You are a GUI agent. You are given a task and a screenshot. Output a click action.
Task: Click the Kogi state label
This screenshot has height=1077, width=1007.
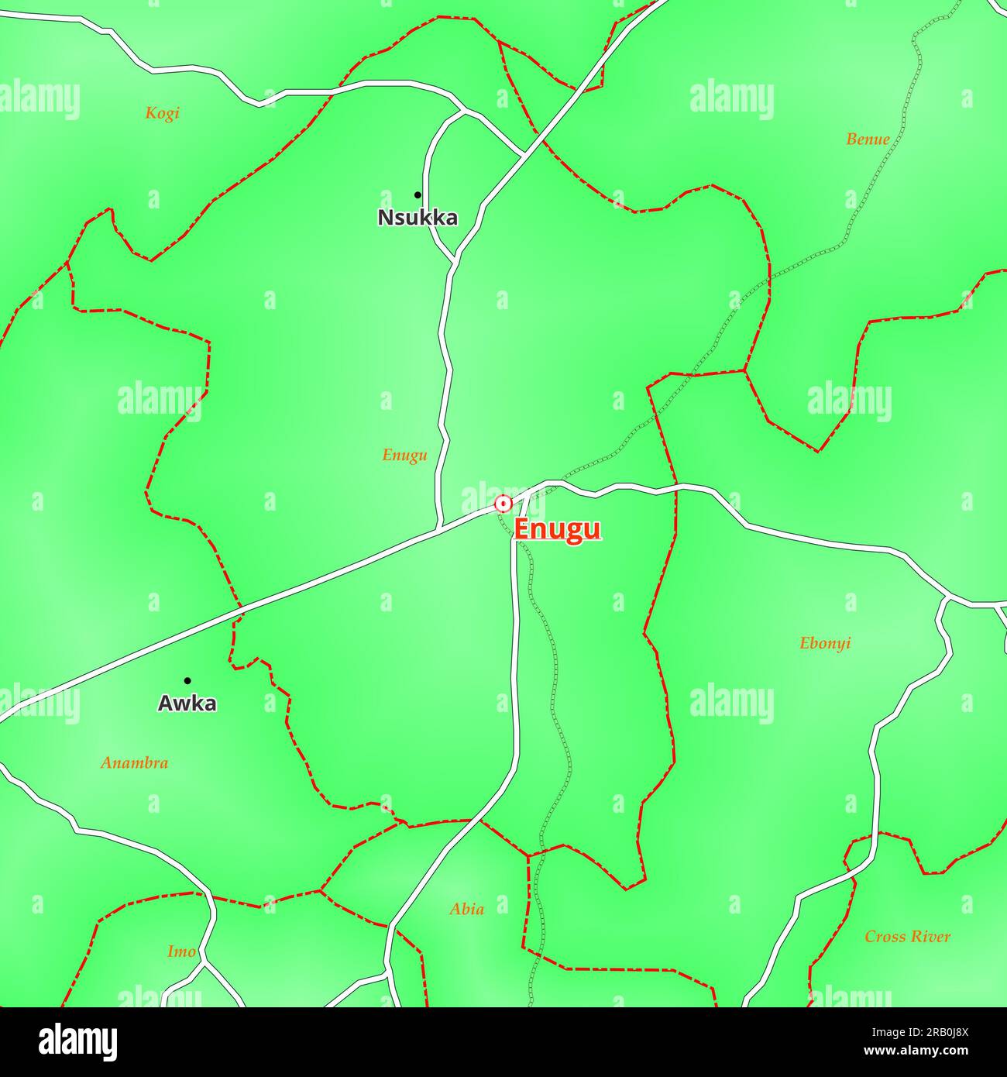tap(162, 113)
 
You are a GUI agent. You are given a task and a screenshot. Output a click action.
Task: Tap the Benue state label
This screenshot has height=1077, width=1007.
tap(868, 139)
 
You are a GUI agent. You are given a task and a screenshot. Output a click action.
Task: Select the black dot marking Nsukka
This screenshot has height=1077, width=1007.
tap(418, 194)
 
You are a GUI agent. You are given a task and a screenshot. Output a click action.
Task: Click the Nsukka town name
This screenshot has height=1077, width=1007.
tap(418, 218)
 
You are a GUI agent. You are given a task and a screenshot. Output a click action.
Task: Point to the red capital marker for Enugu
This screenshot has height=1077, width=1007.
tap(503, 504)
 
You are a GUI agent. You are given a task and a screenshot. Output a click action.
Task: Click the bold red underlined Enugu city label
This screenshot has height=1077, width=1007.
tap(557, 529)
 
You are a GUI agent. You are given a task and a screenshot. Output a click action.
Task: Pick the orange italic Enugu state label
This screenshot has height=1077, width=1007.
tap(404, 456)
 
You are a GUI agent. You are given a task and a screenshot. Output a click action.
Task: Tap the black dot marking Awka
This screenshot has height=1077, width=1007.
tap(187, 681)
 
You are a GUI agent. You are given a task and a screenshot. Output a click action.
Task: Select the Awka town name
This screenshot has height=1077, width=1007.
tap(187, 704)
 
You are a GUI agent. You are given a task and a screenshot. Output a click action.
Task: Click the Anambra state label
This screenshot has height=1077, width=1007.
tap(134, 763)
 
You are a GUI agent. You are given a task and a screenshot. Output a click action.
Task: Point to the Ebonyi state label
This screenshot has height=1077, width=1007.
tap(825, 643)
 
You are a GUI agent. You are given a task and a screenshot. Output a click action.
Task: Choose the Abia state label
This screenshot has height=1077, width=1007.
tap(467, 909)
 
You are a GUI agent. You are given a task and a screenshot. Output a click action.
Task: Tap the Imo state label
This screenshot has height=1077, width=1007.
tap(181, 951)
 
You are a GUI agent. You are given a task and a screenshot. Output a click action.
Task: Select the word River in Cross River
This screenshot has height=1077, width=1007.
tap(931, 937)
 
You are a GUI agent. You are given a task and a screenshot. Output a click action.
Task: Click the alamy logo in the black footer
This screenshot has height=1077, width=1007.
tap(77, 1042)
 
